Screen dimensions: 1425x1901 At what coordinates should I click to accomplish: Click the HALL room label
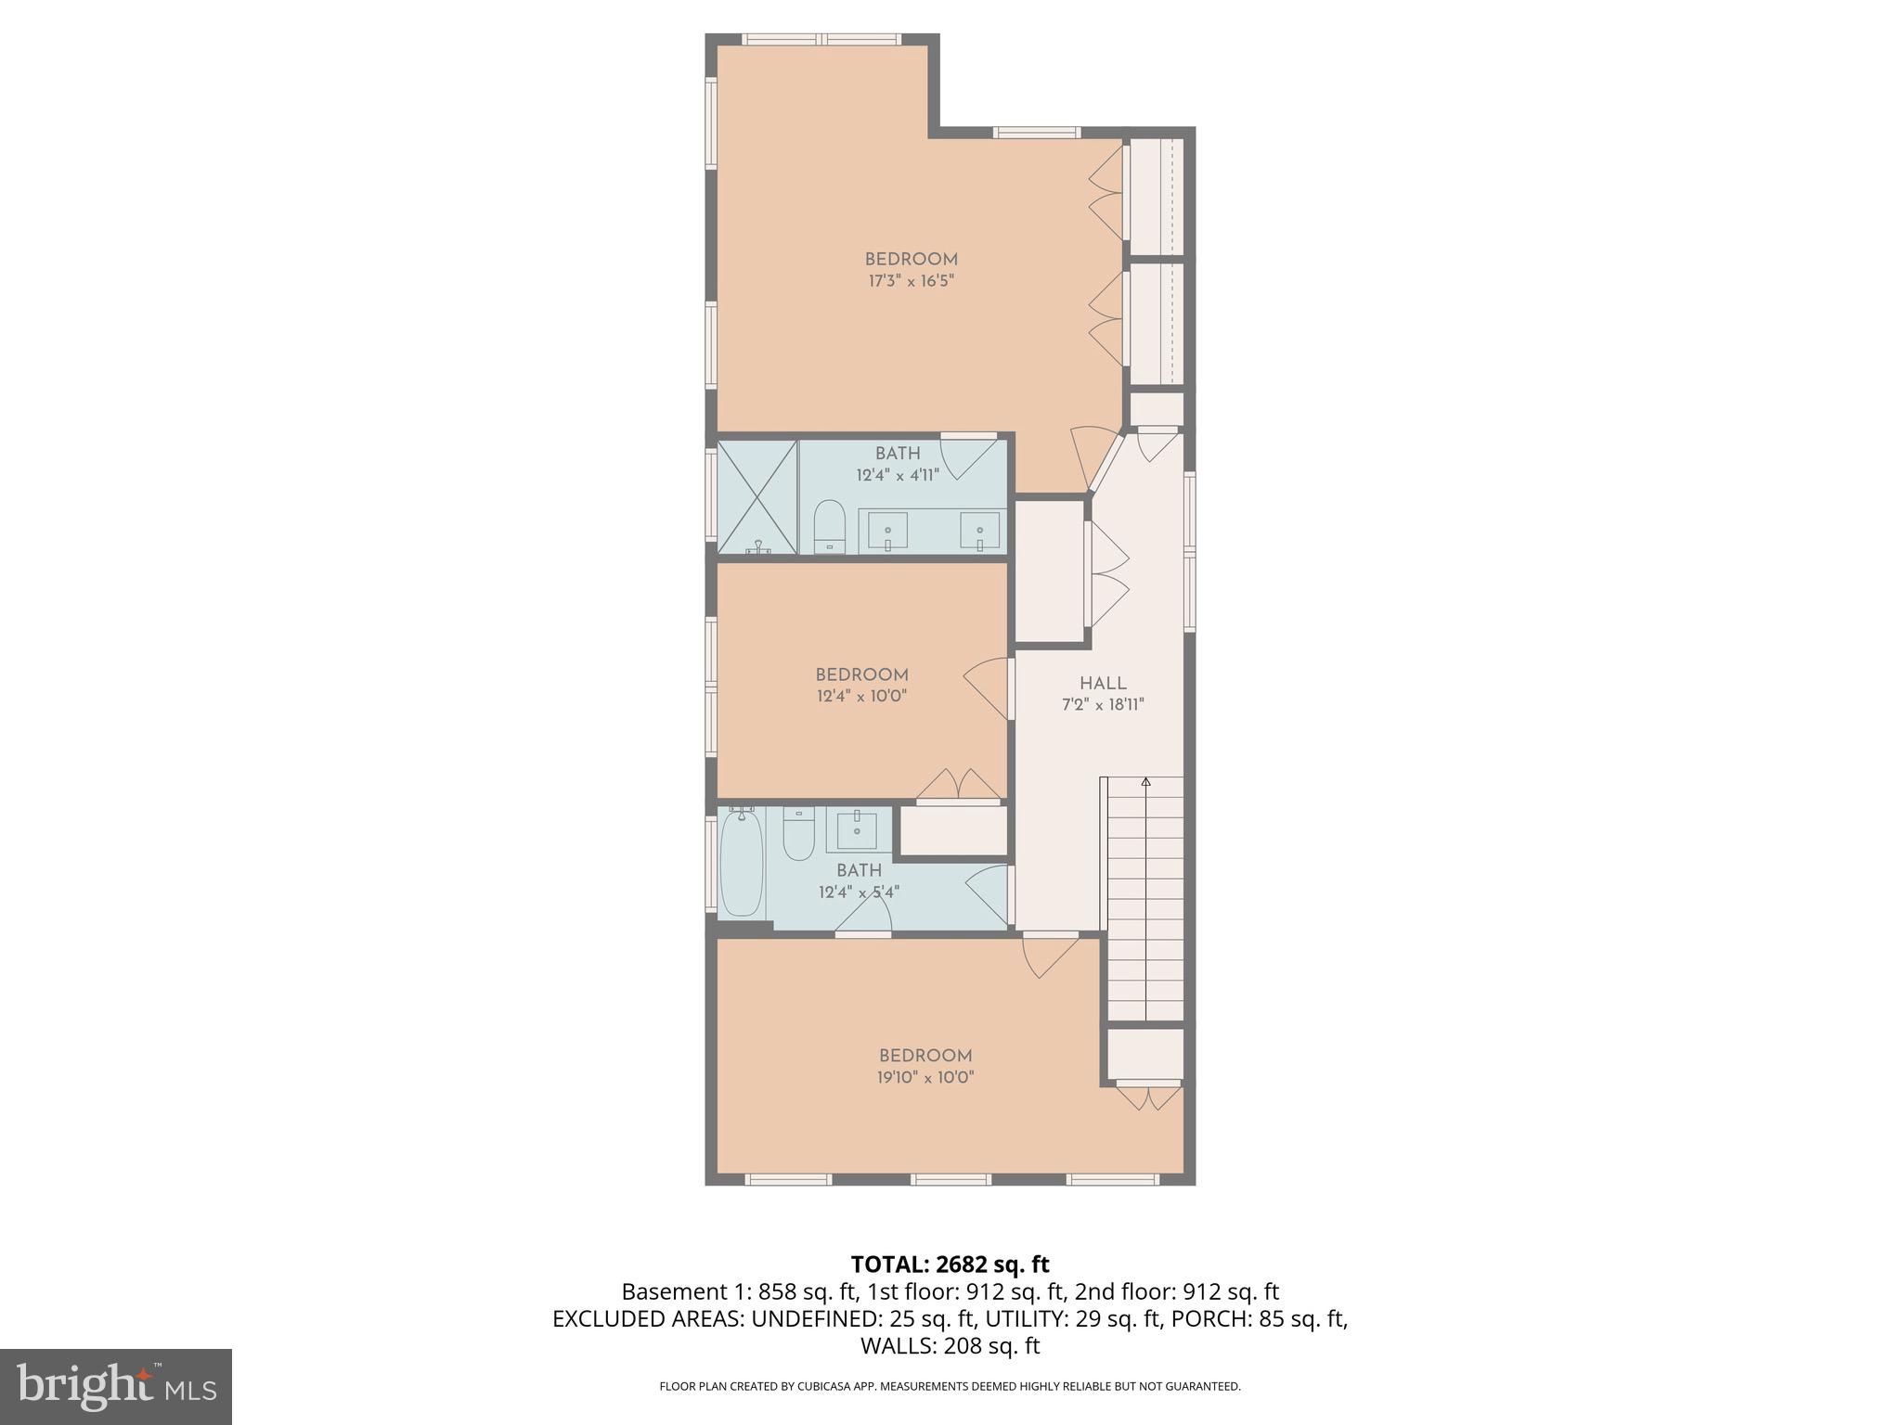pyautogui.click(x=1103, y=683)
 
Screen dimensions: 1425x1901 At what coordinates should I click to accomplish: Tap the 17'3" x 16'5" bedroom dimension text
pyautogui.click(x=912, y=281)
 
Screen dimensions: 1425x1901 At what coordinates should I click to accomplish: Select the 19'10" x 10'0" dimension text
pyautogui.click(x=925, y=1077)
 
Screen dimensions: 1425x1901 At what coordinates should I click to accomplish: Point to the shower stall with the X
pyautogui.click(x=757, y=497)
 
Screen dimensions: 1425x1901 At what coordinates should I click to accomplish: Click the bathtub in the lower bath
pyautogui.click(x=742, y=862)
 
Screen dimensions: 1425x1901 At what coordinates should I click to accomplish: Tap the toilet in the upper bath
pyautogui.click(x=829, y=527)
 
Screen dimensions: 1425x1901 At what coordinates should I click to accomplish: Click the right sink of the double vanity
pyautogui.click(x=980, y=532)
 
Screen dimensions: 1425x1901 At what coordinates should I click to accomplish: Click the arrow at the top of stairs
pyautogui.click(x=1145, y=782)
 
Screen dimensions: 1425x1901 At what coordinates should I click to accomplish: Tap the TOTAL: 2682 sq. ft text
pyautogui.click(x=950, y=1264)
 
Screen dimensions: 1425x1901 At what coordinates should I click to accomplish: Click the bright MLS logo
pyautogui.click(x=116, y=1387)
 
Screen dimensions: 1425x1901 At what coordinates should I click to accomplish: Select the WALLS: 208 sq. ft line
pyautogui.click(x=950, y=1345)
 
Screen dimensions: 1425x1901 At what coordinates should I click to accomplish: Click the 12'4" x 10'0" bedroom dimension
pyautogui.click(x=861, y=696)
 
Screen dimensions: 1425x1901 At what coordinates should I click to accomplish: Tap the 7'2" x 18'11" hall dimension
pyautogui.click(x=1103, y=704)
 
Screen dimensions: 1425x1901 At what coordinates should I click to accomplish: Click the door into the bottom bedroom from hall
pyautogui.click(x=1049, y=956)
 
